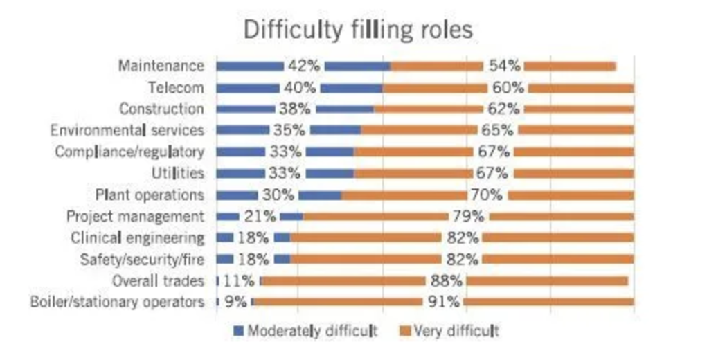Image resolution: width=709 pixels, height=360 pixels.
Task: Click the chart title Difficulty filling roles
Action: tap(357, 30)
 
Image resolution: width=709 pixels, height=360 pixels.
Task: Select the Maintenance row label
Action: tap(161, 66)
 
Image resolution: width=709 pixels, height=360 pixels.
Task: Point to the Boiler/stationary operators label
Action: tap(118, 302)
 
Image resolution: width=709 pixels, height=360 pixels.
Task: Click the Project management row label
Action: tap(135, 217)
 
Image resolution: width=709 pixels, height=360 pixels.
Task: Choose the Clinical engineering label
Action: tap(138, 238)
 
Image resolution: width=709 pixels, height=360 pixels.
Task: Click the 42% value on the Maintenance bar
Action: tap(304, 66)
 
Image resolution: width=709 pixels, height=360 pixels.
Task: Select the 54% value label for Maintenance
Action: tap(503, 66)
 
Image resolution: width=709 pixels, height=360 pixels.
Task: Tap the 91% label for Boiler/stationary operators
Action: tap(443, 302)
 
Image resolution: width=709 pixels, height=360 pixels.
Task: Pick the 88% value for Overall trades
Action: tap(445, 280)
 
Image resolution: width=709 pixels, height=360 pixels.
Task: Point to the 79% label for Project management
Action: tap(469, 217)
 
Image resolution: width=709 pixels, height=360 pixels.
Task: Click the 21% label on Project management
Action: tap(259, 217)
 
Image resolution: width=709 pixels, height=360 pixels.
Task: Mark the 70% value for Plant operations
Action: tap(487, 195)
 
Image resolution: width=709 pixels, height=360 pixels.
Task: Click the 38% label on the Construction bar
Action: tap(296, 109)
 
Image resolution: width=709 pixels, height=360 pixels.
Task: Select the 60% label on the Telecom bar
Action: tap(508, 88)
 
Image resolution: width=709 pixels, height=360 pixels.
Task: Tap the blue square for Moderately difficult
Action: tap(238, 331)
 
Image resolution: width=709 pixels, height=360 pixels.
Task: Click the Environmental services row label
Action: tap(127, 130)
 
